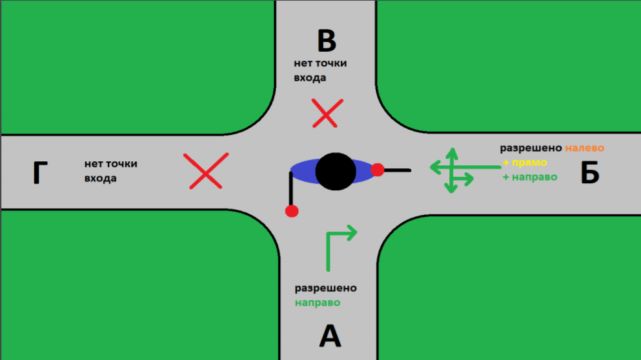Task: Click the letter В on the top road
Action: tap(327, 41)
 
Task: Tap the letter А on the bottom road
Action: tap(330, 336)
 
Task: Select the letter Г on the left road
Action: tap(40, 173)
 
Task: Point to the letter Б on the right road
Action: tap(590, 172)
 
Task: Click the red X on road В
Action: tap(327, 113)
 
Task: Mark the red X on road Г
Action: tap(206, 171)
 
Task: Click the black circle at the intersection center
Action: tap(336, 172)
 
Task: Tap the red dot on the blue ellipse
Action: tap(378, 170)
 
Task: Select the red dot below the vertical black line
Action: tap(292, 211)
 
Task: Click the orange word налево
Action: tap(585, 148)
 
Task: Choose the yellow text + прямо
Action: tap(525, 163)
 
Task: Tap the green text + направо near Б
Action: tap(530, 177)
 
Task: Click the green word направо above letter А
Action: tap(318, 303)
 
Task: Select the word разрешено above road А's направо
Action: tap(326, 288)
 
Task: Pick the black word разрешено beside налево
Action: tap(531, 148)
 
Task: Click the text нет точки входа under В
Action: tap(320, 70)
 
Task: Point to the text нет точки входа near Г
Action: tap(111, 171)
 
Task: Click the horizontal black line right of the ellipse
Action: tap(398, 170)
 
